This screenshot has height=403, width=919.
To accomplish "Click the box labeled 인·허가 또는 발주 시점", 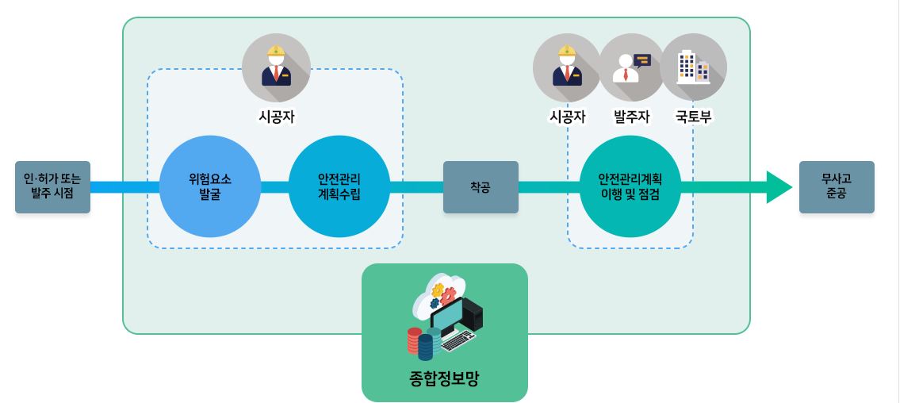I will [52, 187].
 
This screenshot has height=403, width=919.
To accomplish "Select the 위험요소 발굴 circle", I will [209, 187].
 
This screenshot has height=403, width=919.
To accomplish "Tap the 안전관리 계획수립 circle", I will [339, 187].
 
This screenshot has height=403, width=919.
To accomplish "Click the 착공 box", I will [480, 187].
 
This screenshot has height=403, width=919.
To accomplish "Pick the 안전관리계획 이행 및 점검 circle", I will [630, 187].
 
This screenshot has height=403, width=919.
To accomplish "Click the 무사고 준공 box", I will [836, 187].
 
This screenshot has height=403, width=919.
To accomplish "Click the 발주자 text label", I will [631, 117].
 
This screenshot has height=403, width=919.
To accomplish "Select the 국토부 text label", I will [693, 117].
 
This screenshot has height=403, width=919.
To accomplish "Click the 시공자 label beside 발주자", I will [567, 117].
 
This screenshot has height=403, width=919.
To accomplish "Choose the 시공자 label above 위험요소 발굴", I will [276, 117].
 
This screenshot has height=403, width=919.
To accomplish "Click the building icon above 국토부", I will [693, 67].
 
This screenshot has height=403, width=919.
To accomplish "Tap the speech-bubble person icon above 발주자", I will [631, 67].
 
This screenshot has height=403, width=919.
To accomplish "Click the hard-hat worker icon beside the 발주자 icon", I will [567, 67].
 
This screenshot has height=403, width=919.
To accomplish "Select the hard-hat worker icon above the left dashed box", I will [276, 67].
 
